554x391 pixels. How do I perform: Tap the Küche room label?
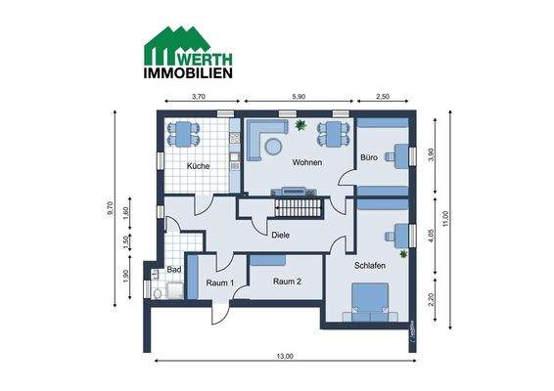199,166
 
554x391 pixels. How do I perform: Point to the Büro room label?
368,156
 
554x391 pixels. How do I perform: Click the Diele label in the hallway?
281,235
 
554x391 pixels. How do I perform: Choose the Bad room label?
174,268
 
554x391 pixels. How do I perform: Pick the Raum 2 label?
286,281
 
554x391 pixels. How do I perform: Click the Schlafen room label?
369,265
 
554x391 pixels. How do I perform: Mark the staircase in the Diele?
296,208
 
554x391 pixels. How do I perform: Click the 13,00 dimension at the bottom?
284,356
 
